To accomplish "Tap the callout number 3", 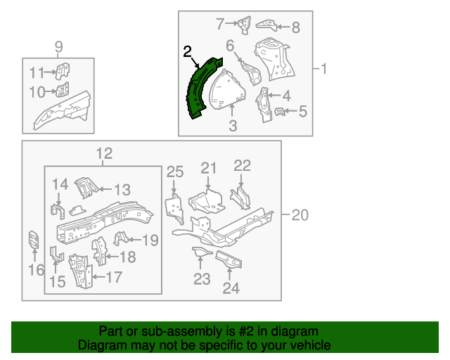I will point(233,126).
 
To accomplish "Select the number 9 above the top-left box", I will point(58,47).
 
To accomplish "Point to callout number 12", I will point(103,154).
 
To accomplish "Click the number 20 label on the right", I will point(300,216).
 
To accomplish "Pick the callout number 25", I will point(174,172).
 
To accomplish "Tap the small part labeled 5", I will point(280,111).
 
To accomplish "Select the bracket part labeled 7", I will point(244,24).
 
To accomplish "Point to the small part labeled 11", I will point(63,71).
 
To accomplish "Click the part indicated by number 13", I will point(85,187).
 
